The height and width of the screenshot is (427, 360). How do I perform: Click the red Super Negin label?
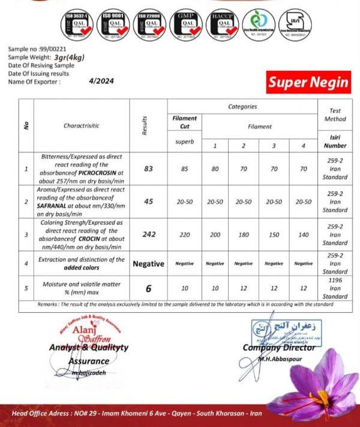point(308,82)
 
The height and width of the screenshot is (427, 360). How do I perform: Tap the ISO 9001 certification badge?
point(116,25)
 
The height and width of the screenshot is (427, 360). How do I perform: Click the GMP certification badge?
point(187,25)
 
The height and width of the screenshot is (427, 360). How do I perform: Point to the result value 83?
point(149,169)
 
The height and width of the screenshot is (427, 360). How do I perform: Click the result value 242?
point(149,234)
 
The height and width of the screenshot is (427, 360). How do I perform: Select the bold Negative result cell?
point(149,263)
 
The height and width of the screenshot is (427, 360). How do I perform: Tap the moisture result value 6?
point(149,288)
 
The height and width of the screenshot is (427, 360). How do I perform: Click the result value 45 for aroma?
point(149,202)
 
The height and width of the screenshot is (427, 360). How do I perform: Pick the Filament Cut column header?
point(185,123)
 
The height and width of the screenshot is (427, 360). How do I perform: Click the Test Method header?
point(335,115)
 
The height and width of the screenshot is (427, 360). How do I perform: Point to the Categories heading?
point(242,106)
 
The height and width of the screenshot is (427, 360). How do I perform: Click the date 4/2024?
point(101,81)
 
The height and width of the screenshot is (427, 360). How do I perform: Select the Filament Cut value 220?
point(185,234)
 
